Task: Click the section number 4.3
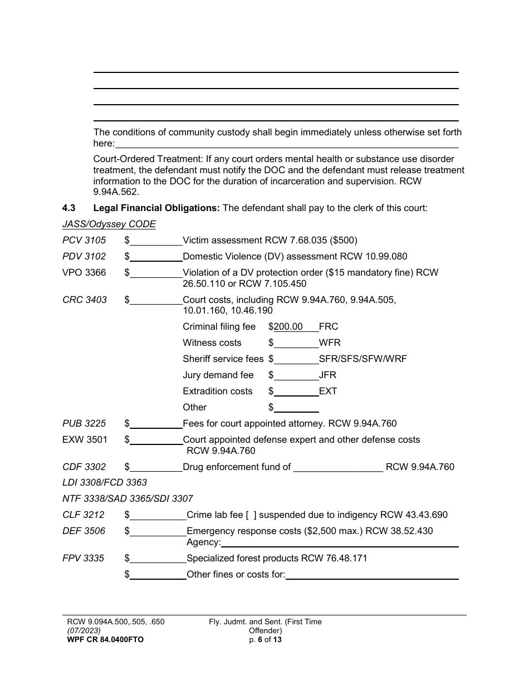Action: pyautogui.click(x=68, y=208)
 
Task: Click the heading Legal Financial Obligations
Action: pyautogui.click(x=156, y=208)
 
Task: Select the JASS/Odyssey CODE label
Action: pyautogui.click(x=109, y=224)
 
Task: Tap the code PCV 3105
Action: pyautogui.click(x=84, y=241)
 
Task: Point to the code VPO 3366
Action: pyautogui.click(x=84, y=273)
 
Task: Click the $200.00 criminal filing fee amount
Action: pyautogui.click(x=288, y=327)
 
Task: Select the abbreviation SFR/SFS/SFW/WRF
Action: pyautogui.click(x=363, y=359)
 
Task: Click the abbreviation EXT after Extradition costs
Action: pyautogui.click(x=328, y=392)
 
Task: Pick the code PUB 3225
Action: pyautogui.click(x=84, y=424)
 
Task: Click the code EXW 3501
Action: pyautogui.click(x=85, y=440)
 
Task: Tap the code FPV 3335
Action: pyautogui.click(x=84, y=558)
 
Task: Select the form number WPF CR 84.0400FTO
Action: pyautogui.click(x=105, y=640)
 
